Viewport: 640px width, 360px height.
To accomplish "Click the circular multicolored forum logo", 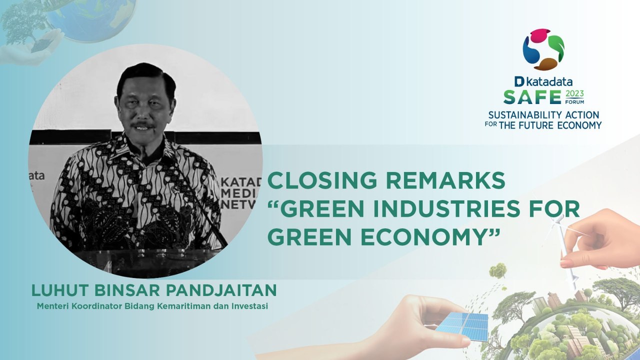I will click(x=543, y=49).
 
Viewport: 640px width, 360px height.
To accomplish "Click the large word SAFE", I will click(x=532, y=96).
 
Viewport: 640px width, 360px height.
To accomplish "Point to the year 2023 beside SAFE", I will click(x=574, y=93).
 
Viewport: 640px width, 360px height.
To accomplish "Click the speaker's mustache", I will click(x=143, y=125).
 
